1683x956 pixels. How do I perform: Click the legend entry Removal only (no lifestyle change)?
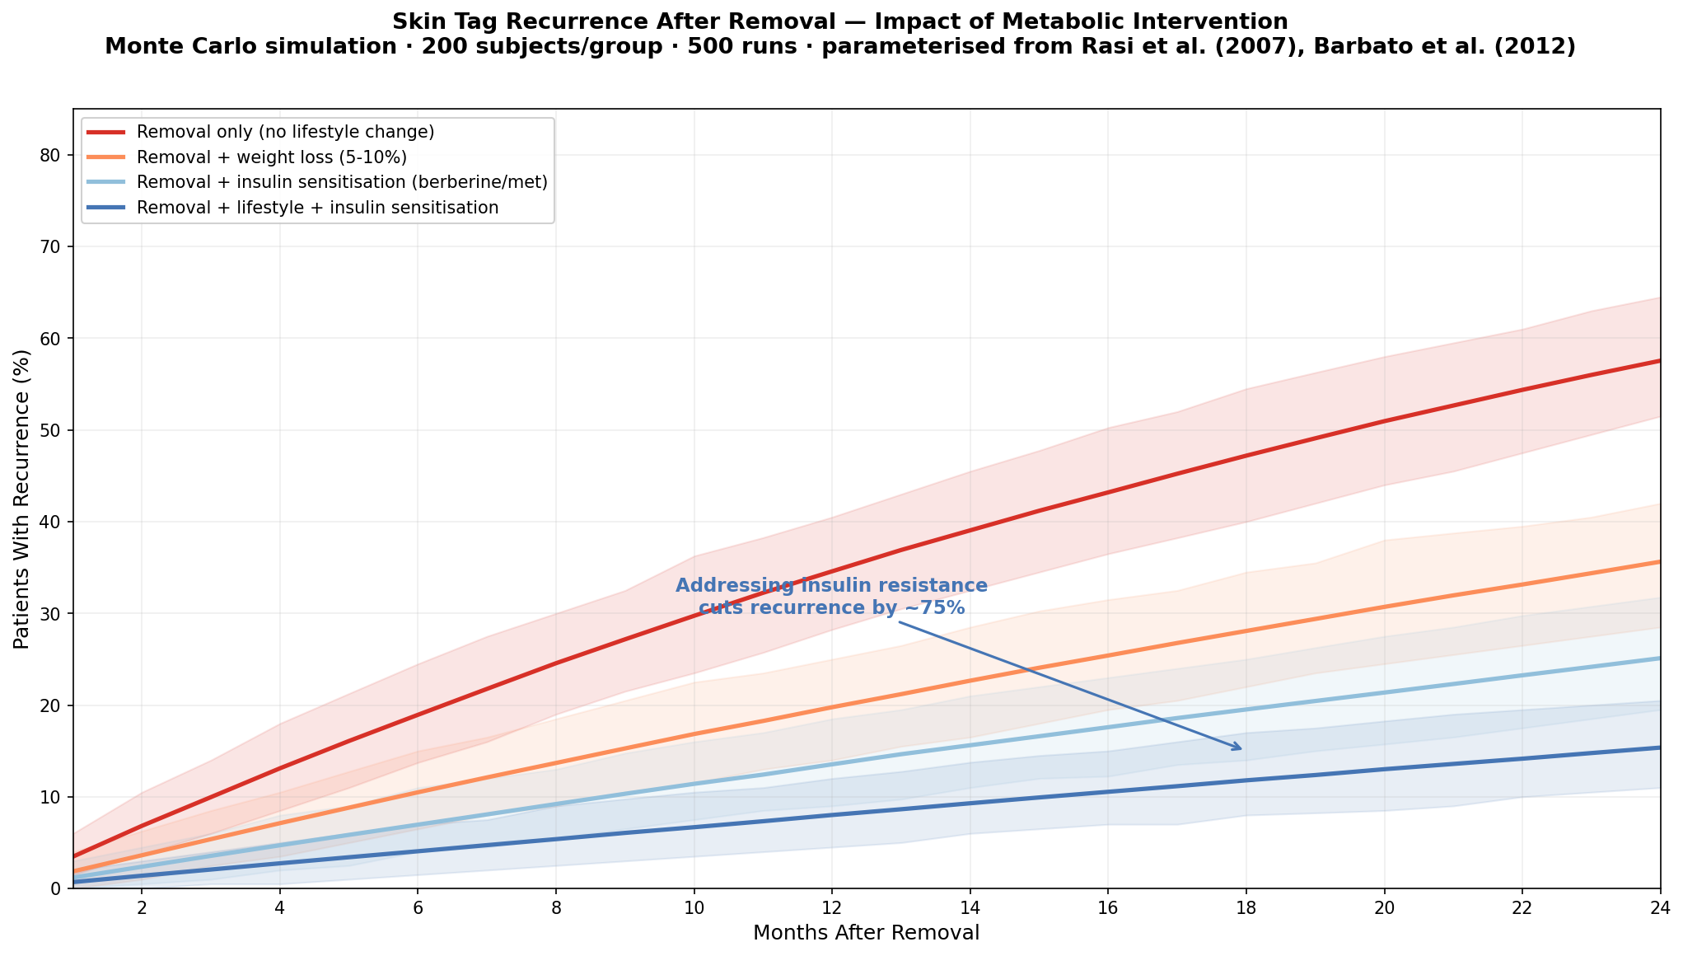(285, 132)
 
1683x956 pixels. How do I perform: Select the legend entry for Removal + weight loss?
(272, 157)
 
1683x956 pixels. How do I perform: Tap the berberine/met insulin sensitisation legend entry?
(342, 182)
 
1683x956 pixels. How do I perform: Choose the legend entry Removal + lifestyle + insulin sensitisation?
(317, 208)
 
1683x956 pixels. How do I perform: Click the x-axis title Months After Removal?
(866, 933)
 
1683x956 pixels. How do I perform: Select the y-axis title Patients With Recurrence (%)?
(22, 499)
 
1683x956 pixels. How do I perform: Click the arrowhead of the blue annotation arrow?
(1239, 748)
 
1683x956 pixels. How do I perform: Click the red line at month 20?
(1384, 420)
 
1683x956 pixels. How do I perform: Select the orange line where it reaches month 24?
(1657, 562)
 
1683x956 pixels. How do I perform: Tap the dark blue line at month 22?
(1522, 758)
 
